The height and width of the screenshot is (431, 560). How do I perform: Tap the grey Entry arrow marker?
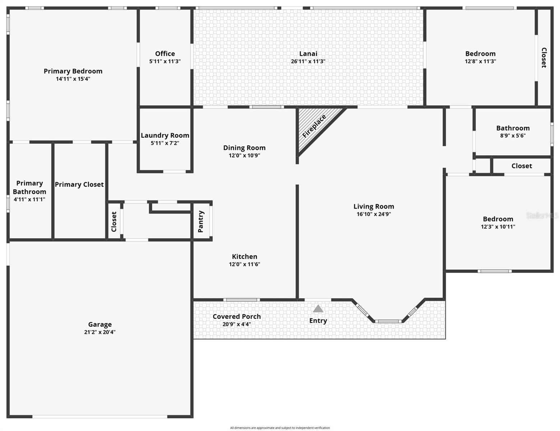[x=318, y=309]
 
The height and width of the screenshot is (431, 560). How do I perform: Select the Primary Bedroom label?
[x=73, y=71]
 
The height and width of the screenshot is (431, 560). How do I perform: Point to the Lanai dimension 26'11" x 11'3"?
[x=308, y=61]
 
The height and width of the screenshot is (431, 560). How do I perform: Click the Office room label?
[x=165, y=54]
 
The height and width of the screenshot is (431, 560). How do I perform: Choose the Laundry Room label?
[x=165, y=135]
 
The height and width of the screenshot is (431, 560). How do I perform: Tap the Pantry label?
[x=201, y=221]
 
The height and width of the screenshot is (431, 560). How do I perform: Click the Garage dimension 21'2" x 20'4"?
[x=100, y=332]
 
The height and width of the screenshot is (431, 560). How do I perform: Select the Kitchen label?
[x=244, y=256]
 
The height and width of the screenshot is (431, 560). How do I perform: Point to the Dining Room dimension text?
[x=244, y=156]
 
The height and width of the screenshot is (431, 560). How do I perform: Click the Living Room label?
[x=374, y=206]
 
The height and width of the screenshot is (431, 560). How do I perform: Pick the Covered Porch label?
[x=236, y=316]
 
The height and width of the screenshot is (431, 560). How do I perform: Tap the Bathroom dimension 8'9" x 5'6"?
[x=513, y=136]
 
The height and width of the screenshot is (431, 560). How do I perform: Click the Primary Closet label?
[x=79, y=184]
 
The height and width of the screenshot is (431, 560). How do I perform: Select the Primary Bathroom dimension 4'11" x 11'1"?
[x=29, y=199]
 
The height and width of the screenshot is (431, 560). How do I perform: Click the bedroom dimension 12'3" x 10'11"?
[x=498, y=227]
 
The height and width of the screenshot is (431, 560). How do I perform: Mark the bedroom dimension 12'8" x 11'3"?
[x=480, y=61]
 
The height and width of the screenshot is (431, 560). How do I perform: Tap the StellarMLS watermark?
[x=542, y=215]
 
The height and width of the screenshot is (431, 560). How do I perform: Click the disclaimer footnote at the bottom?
[x=280, y=428]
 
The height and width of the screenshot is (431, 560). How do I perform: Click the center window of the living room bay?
[x=388, y=321]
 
